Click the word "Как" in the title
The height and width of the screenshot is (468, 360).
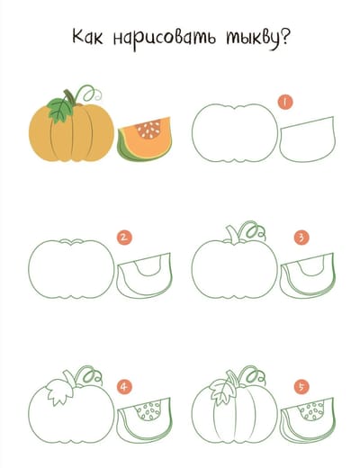[87, 37]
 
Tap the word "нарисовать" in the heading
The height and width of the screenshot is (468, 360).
[164, 39]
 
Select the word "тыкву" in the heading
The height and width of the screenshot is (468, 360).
[252, 39]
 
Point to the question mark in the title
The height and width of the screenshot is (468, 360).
[284, 36]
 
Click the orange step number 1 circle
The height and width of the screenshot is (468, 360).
[285, 102]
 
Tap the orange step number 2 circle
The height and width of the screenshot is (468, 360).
[124, 238]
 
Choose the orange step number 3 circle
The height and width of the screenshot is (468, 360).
[301, 238]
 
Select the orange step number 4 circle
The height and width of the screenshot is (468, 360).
[124, 387]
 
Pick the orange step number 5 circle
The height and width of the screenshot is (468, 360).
[301, 387]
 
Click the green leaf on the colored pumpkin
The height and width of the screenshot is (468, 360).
[61, 111]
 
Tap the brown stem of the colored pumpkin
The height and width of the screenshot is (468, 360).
[69, 97]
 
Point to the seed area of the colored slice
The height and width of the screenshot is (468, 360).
[148, 129]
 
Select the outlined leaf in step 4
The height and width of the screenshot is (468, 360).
[59, 391]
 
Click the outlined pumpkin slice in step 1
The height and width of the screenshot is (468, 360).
[307, 139]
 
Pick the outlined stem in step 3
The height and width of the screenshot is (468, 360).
[232, 235]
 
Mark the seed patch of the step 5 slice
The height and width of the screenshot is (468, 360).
[312, 410]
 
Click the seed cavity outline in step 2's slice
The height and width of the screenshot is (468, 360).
[148, 267]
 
